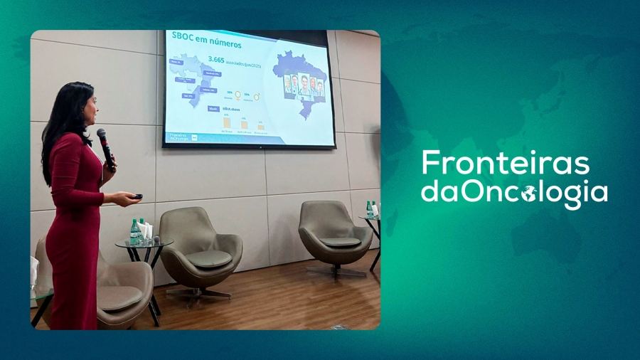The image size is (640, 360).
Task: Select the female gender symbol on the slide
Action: pos(238,95)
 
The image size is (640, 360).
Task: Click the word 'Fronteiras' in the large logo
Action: pos(505,163)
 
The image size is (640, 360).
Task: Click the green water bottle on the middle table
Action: pos(134,232)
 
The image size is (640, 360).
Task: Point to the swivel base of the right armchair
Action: pos(336,270)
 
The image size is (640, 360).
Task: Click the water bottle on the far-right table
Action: pos(369,209)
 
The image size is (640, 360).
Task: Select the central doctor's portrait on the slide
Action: pos(304,85)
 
